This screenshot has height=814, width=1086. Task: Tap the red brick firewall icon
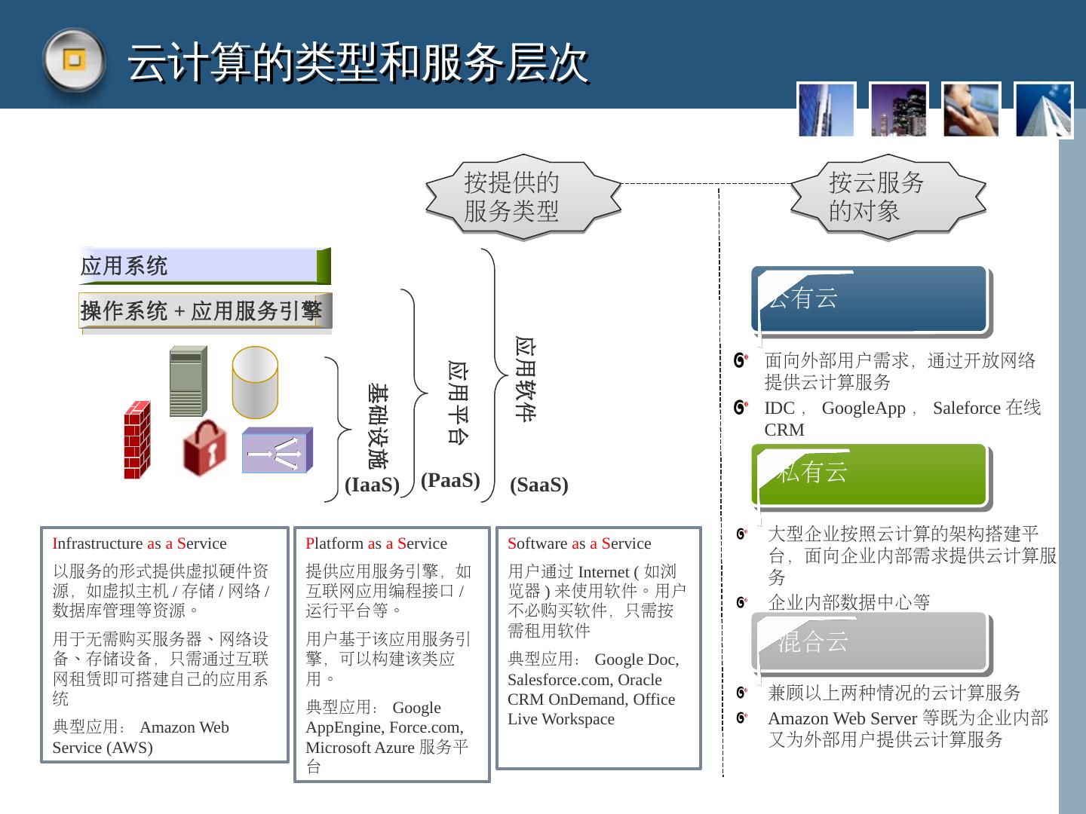tap(137, 440)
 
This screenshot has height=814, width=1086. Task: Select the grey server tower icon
tap(188, 381)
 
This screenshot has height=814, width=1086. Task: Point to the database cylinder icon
tap(255, 382)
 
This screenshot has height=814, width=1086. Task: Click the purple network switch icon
tap(277, 451)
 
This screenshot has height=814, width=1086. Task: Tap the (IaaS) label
tap(372, 485)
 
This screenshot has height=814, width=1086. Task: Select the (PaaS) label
tap(450, 480)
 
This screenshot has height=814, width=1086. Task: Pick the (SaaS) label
tap(538, 485)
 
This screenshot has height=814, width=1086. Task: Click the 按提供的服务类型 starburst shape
tap(523, 197)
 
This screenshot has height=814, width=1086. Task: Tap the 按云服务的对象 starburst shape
tap(888, 197)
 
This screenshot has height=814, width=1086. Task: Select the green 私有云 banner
tap(870, 474)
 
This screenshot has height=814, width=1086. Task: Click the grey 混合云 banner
tap(870, 642)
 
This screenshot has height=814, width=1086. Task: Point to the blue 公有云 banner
tap(870, 299)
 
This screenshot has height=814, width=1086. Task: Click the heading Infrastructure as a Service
tap(140, 543)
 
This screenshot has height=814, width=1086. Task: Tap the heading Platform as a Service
tap(376, 543)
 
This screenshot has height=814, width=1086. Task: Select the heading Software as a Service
tap(579, 543)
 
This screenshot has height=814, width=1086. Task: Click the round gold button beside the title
tap(73, 60)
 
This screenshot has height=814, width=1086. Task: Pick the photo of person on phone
tap(971, 110)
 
